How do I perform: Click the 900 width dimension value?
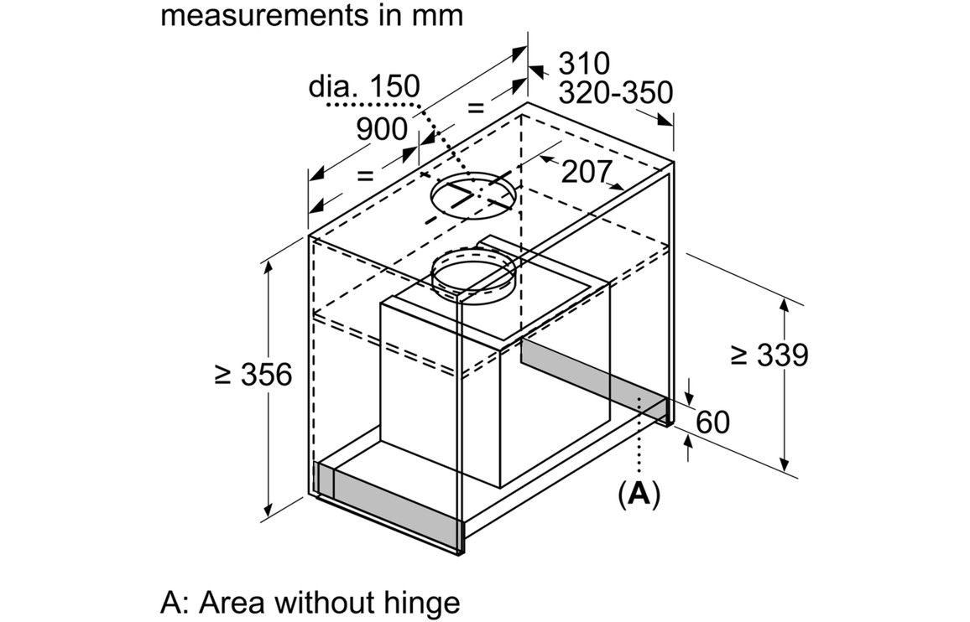click(x=382, y=129)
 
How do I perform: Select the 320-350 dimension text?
click(x=616, y=93)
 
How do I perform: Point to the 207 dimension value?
click(x=586, y=172)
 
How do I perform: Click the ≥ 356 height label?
click(x=253, y=375)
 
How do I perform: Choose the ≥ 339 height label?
click(x=769, y=355)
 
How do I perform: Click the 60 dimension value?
click(x=712, y=422)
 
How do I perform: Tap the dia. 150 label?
click(x=364, y=86)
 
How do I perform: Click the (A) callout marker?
click(x=639, y=494)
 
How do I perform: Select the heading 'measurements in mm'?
click(x=311, y=15)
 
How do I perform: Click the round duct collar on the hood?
click(x=473, y=273)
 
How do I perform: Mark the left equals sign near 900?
click(x=364, y=175)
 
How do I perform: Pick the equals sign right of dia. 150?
click(x=476, y=107)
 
